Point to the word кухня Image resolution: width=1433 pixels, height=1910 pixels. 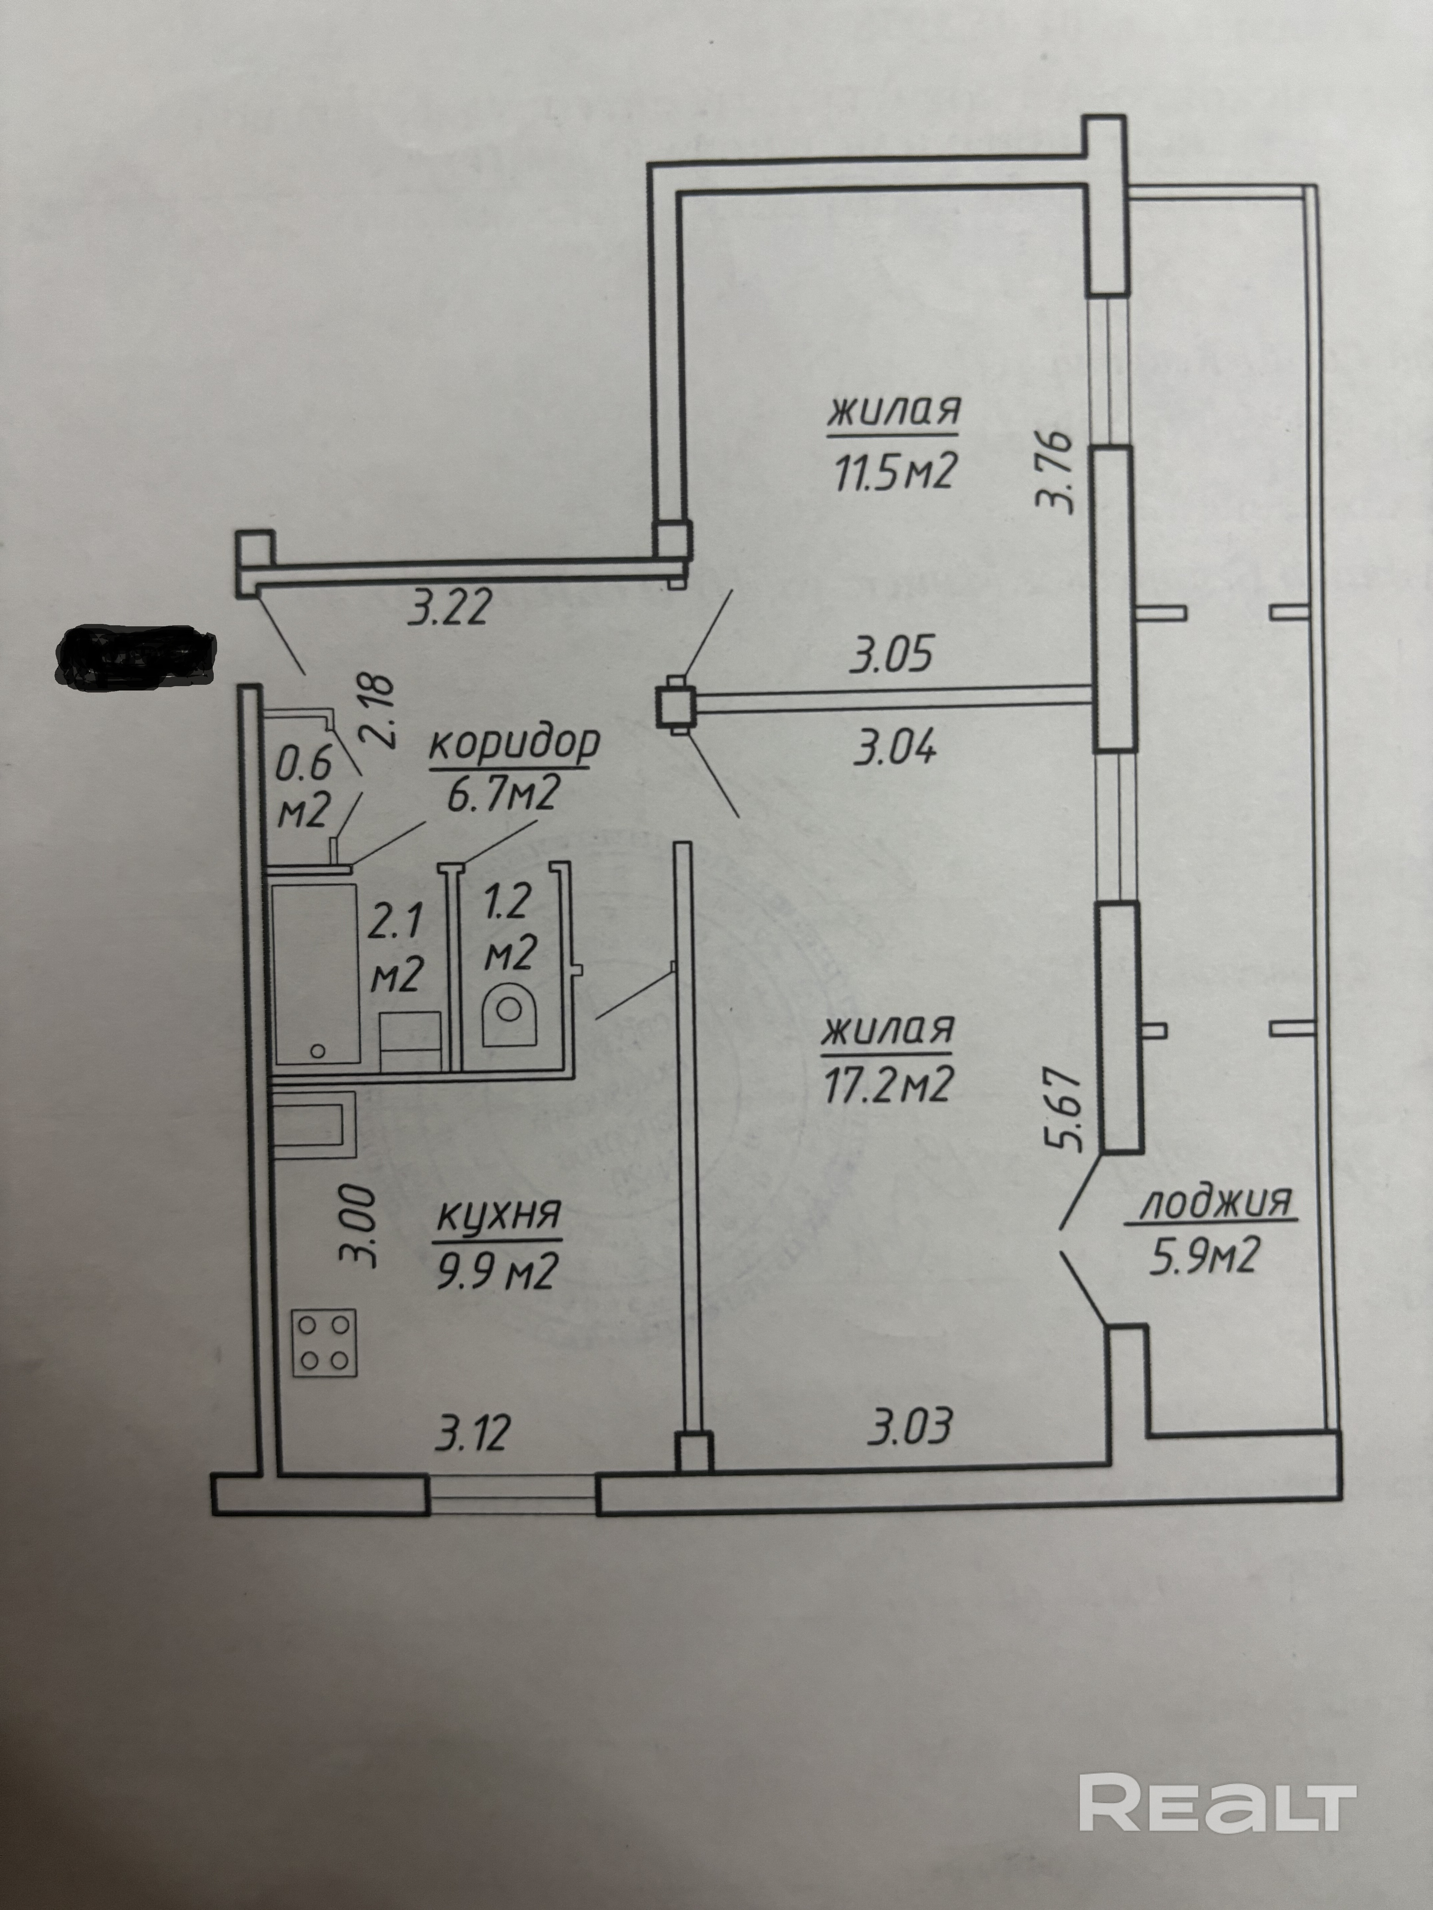(499, 1216)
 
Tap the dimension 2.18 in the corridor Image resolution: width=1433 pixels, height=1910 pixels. (380, 711)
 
